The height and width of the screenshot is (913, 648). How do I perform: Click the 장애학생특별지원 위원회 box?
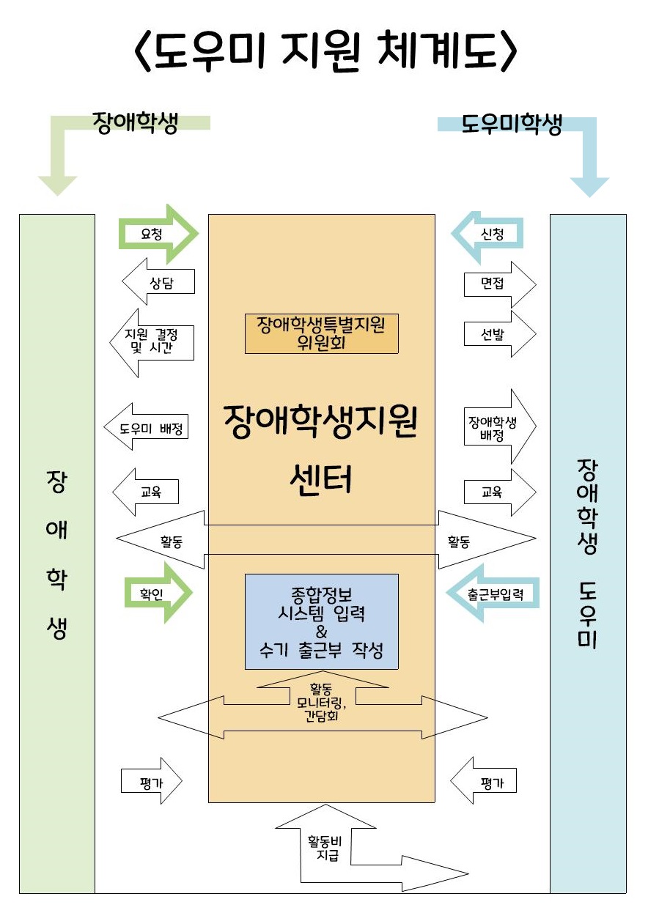(321, 333)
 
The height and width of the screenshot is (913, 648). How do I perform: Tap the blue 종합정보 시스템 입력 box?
(321, 621)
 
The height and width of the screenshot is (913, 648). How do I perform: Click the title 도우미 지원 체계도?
(325, 51)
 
